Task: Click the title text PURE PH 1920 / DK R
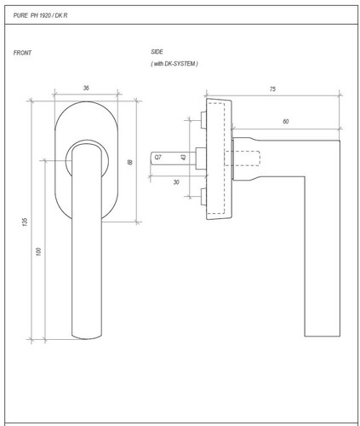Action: click(x=40, y=15)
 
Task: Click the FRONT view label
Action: click(x=22, y=53)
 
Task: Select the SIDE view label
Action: click(x=157, y=52)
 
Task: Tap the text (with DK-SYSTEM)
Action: click(x=174, y=64)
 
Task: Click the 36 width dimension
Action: click(x=86, y=88)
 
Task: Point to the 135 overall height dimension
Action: click(x=25, y=222)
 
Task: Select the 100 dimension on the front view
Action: click(x=38, y=251)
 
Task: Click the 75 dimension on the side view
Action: click(x=272, y=89)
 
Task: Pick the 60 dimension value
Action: click(x=286, y=122)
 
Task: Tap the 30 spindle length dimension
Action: click(x=176, y=182)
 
